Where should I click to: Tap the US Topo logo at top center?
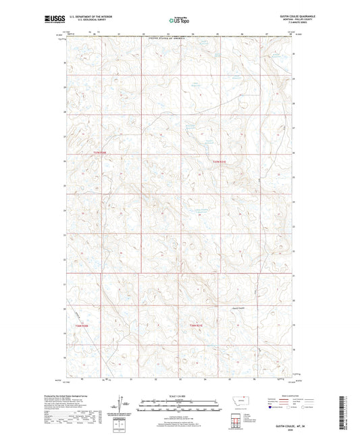pos(179,21)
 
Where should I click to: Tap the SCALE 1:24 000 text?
pos(179,395)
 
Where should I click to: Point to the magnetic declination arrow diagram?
pos(121,403)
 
